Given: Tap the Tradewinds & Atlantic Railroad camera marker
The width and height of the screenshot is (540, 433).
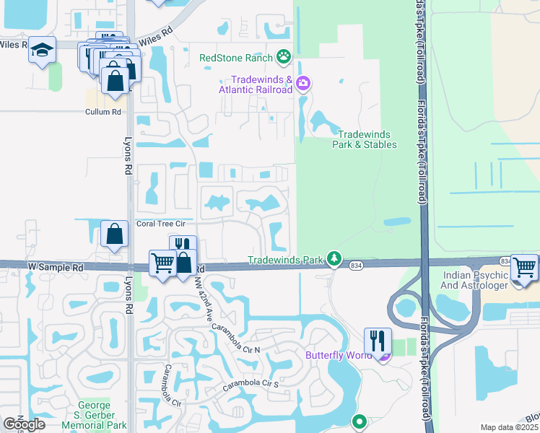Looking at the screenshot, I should click(x=302, y=84).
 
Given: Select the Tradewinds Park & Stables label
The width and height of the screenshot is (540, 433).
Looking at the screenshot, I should click(x=367, y=139).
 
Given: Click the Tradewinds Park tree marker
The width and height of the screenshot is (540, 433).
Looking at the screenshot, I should click(x=334, y=258).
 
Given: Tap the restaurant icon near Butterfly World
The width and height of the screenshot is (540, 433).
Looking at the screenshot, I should click(x=378, y=341).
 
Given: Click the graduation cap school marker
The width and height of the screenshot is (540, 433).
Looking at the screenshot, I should click(x=43, y=51).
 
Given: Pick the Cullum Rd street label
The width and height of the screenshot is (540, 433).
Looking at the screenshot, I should click(x=103, y=112).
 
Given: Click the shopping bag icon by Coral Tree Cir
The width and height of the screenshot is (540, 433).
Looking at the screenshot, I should click(x=115, y=235).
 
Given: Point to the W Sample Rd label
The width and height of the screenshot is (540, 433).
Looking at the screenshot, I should click(x=56, y=267).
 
